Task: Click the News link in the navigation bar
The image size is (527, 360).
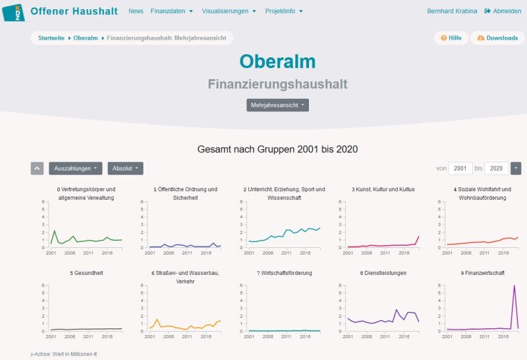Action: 136,11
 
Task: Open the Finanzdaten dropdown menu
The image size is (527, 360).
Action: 171,11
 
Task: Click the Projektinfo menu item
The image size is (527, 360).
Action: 284,11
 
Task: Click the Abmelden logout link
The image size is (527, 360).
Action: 503,11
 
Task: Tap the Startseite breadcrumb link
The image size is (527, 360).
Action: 51,38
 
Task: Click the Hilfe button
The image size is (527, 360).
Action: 451,38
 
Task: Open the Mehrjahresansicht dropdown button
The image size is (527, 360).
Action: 277,105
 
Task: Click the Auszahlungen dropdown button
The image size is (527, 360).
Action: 75,168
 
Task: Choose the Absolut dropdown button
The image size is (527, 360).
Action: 125,168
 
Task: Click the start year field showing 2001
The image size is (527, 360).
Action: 460,168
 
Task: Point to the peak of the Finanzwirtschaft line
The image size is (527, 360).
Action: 514,285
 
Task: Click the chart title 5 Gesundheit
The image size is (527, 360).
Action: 86,273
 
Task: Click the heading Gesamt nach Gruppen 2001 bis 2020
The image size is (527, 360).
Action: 277,149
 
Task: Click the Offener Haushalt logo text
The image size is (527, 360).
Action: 74,11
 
